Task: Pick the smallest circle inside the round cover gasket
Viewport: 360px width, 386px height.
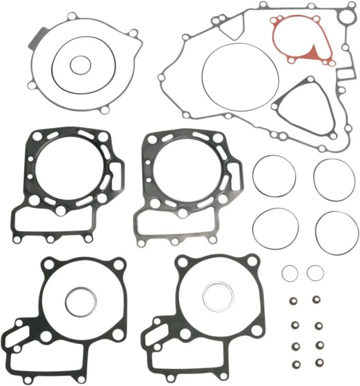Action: point(80,65)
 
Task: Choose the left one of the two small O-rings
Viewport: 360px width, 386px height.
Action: point(290,272)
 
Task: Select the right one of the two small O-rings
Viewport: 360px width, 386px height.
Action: point(315,272)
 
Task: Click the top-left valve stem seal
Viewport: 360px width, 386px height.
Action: point(295,300)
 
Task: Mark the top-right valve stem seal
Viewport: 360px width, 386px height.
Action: point(317,300)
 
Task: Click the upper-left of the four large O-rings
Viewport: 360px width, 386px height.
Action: point(274,176)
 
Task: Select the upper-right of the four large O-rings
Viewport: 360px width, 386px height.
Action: point(335,176)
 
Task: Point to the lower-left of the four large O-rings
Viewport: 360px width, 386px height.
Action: point(274,229)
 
